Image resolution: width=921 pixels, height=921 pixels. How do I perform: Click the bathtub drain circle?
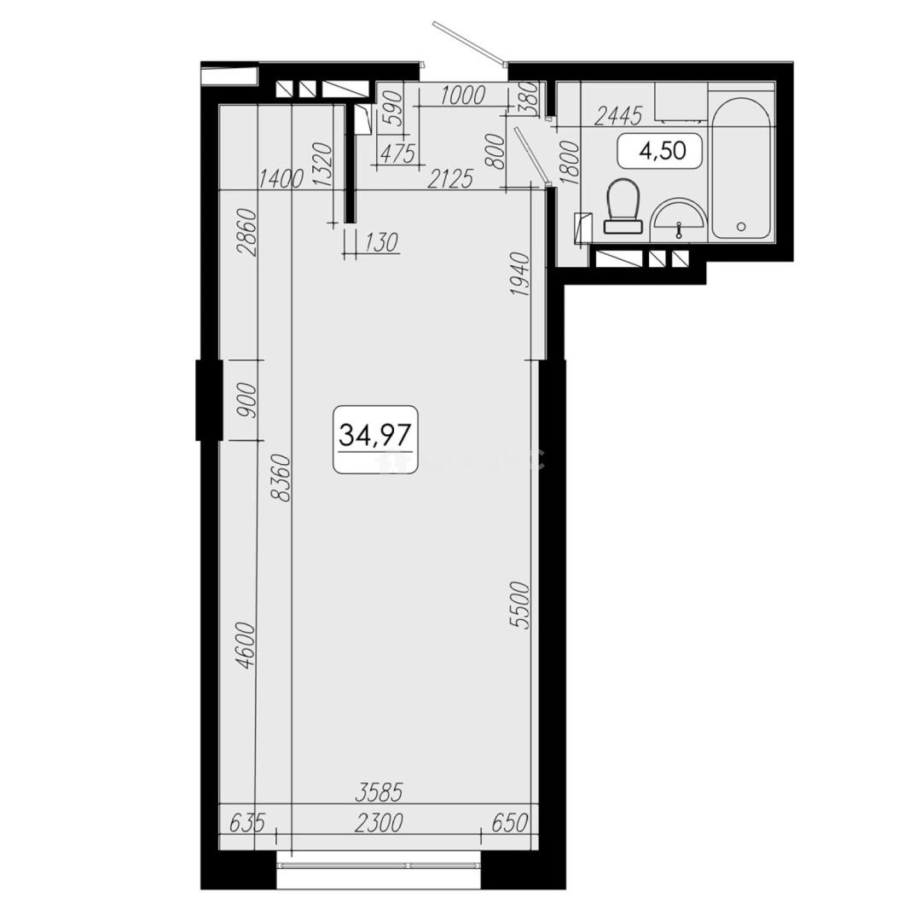(740, 227)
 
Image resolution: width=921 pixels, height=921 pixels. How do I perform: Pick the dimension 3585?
(378, 792)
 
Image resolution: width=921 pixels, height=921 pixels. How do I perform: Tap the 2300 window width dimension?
(379, 824)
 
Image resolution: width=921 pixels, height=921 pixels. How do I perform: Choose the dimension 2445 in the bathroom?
(617, 115)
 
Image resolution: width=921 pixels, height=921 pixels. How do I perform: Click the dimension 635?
(247, 824)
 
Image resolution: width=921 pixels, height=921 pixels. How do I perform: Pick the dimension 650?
(511, 824)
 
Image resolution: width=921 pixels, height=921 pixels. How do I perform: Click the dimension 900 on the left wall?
(246, 399)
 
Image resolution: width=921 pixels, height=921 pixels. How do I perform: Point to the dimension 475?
(396, 154)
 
